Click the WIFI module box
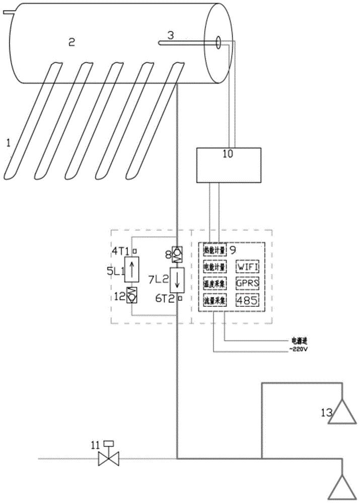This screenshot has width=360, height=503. click(248, 266)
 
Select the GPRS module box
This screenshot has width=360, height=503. click(248, 283)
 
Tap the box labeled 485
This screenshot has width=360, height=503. click(248, 301)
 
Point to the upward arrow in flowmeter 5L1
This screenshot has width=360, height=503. click(132, 270)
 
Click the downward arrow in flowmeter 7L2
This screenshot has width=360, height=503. click(177, 280)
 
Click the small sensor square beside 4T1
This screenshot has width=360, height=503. click(134, 250)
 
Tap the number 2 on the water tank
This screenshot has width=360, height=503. click(71, 43)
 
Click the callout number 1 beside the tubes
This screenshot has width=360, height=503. click(8, 142)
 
